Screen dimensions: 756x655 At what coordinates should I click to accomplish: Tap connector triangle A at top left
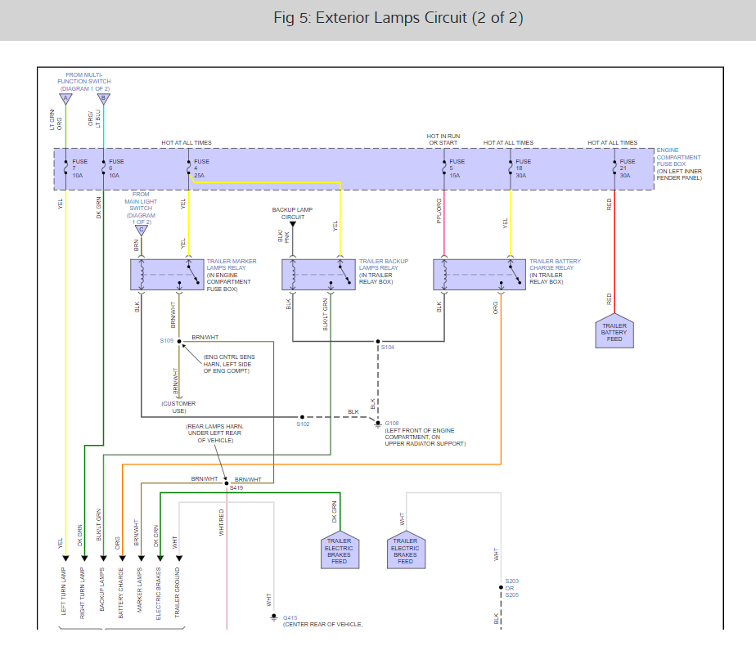[x=65, y=99]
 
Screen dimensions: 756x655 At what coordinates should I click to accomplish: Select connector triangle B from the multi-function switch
[x=104, y=99]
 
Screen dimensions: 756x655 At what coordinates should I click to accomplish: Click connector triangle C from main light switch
[x=142, y=231]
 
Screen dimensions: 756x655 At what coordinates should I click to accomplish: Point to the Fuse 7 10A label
[x=79, y=168]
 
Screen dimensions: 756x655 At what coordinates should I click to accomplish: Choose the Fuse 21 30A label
[x=628, y=168]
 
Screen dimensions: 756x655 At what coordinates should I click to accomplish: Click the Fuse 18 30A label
[x=523, y=168]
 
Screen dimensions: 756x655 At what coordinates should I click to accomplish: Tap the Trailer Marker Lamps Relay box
[x=167, y=275]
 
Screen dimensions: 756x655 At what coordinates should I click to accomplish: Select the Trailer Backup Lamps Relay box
[x=319, y=275]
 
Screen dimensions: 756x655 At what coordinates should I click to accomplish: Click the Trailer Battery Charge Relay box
[x=479, y=275]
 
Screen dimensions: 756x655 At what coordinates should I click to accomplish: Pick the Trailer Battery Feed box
[x=614, y=332]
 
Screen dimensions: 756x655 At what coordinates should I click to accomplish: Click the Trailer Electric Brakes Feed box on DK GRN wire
[x=340, y=550]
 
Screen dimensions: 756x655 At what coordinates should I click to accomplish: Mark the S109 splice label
[x=166, y=341]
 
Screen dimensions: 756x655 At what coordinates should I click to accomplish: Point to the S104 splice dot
[x=378, y=341]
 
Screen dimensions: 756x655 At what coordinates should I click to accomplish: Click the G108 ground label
[x=391, y=423]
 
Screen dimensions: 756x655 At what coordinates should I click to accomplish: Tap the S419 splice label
[x=236, y=487]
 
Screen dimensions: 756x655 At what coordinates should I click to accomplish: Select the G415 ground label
[x=290, y=617]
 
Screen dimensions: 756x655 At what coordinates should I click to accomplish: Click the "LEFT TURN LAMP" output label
[x=63, y=591]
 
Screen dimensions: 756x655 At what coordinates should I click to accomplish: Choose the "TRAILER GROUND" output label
[x=177, y=592]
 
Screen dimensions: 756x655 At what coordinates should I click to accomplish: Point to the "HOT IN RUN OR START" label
[x=443, y=139]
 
